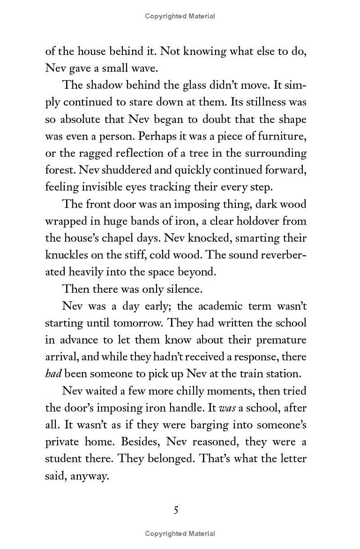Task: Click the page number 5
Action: (x=176, y=510)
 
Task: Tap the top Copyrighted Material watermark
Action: (x=180, y=16)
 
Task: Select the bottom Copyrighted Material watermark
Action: (x=180, y=534)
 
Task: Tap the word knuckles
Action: (x=65, y=255)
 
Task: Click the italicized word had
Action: (x=54, y=374)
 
